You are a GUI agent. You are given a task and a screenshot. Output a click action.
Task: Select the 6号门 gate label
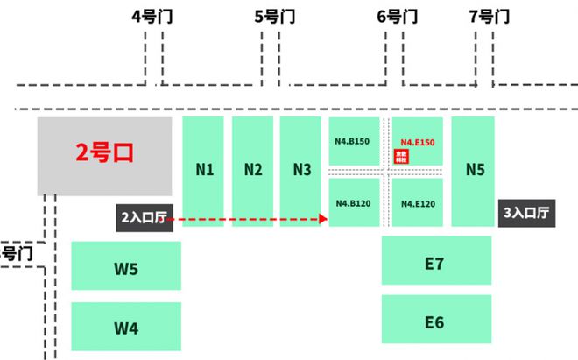click(396, 16)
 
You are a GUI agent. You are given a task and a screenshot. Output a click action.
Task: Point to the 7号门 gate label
click(490, 16)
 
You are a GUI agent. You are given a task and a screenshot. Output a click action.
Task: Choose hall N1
click(205, 170)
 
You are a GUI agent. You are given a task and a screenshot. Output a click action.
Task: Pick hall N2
click(253, 170)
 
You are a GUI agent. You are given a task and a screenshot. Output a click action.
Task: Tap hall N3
click(302, 170)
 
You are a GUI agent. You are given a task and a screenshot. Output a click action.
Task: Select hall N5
click(475, 170)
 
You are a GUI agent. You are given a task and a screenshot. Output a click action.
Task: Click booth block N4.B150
click(352, 141)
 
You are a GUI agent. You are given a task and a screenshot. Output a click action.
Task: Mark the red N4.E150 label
click(418, 141)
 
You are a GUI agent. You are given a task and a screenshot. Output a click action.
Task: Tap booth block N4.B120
click(352, 203)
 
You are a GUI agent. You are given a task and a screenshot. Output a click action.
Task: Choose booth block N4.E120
click(418, 203)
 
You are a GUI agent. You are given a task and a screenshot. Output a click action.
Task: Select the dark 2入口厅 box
click(145, 216)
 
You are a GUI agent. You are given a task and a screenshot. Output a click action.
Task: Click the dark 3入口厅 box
click(527, 213)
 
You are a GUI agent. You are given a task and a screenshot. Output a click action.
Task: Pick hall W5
click(126, 268)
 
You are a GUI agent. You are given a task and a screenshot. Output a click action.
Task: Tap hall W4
click(126, 328)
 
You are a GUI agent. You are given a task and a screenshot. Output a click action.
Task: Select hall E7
click(434, 262)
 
